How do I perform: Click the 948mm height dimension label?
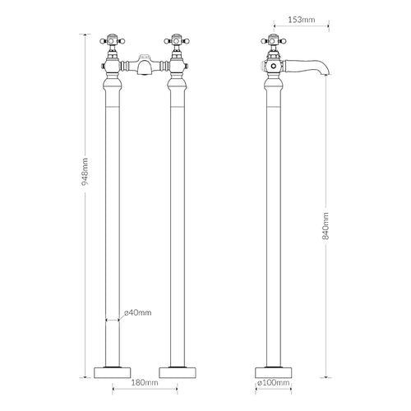[85, 172]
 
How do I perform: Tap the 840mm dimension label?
[326, 226]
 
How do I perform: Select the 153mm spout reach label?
[302, 20]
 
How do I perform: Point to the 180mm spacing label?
[145, 382]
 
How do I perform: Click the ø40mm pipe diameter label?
[137, 312]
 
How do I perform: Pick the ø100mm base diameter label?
[274, 382]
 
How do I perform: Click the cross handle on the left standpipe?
[113, 41]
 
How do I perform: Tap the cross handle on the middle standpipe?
[177, 41]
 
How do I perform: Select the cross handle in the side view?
[274, 41]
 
